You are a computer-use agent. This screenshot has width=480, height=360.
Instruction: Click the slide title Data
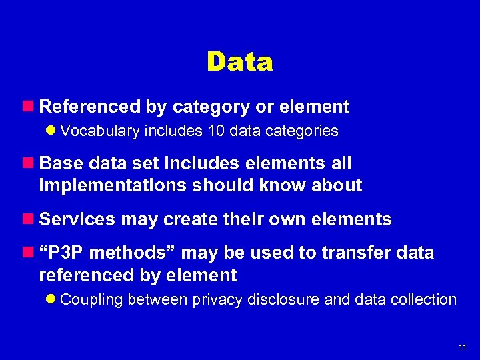point(240,62)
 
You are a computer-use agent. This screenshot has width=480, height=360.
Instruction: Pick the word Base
point(60,163)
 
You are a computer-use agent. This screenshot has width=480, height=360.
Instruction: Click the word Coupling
point(91,300)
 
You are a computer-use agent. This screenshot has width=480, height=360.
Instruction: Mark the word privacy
point(215,300)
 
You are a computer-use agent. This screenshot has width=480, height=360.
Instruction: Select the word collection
point(425,300)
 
